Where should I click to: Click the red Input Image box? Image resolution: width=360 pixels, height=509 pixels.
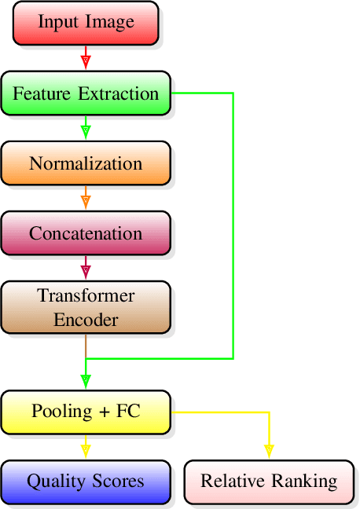(86, 22)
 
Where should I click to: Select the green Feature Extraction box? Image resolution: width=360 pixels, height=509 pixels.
(86, 93)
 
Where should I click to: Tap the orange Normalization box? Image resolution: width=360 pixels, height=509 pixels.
(86, 163)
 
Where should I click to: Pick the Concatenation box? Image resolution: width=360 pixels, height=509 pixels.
(86, 233)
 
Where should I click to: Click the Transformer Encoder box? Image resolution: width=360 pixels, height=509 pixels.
(86, 308)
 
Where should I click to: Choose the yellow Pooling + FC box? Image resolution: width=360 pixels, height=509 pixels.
(86, 411)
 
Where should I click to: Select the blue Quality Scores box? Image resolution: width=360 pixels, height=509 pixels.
(86, 481)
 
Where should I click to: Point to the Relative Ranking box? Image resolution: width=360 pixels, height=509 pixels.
(269, 481)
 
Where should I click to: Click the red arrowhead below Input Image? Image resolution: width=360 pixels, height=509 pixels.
(86, 60)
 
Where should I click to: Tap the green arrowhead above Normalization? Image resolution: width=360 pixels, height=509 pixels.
(86, 130)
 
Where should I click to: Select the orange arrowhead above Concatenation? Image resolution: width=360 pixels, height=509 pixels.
(86, 200)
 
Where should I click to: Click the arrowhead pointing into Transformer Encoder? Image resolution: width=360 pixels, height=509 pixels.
(86, 271)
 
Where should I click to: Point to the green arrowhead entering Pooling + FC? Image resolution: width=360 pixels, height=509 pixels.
(86, 380)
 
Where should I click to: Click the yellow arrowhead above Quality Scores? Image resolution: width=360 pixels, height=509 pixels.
(86, 450)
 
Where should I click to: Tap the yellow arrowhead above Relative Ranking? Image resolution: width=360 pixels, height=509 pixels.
(269, 450)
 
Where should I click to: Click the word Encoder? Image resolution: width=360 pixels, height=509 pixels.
(86, 320)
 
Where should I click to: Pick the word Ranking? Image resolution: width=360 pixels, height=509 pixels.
(307, 481)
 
